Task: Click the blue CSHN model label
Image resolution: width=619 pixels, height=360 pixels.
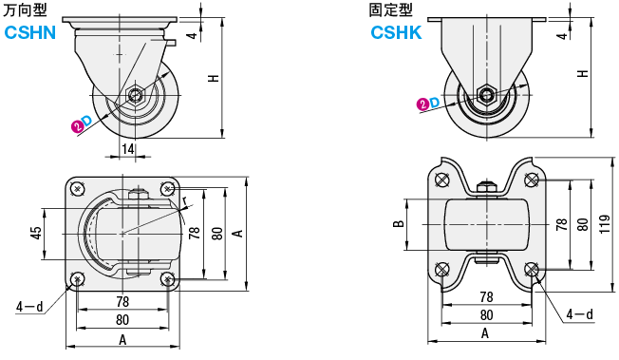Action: (30, 32)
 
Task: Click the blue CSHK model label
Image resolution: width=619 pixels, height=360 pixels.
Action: (396, 32)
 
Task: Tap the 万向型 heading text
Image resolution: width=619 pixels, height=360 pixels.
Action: (25, 10)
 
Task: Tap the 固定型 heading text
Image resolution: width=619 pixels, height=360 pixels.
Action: (390, 10)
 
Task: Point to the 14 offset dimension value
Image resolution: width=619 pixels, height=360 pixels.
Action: (127, 149)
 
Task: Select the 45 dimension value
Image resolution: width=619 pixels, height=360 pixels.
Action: (36, 233)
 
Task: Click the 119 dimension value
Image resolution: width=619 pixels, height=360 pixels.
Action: (605, 224)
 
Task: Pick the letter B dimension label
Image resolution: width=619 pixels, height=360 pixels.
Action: (399, 223)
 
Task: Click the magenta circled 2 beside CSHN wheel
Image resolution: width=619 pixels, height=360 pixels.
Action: (78, 126)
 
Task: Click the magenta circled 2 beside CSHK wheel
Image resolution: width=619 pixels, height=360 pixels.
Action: (422, 104)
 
